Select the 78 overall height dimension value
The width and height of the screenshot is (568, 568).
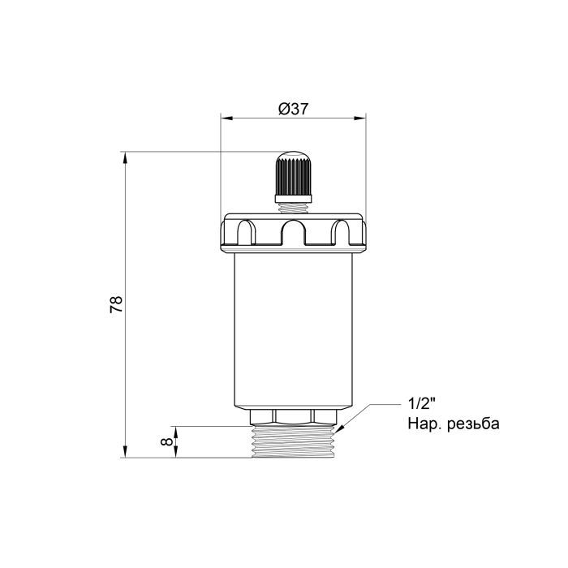click(116, 304)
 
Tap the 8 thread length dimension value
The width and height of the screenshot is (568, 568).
click(166, 442)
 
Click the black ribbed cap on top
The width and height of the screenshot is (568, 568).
click(294, 173)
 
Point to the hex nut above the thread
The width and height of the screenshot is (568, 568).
click(294, 417)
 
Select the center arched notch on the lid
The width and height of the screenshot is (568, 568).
click(294, 235)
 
